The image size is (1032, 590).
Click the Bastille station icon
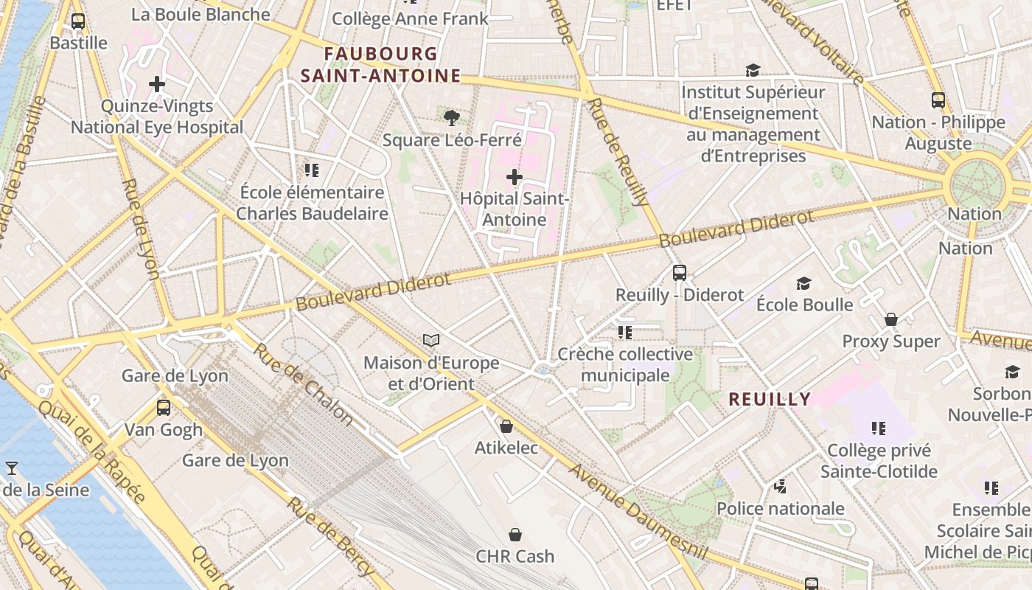tap(78, 21)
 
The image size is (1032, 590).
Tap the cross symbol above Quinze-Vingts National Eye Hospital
tap(156, 84)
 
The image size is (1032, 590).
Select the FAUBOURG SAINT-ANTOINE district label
tap(380, 65)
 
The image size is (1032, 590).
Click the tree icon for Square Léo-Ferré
tap(452, 117)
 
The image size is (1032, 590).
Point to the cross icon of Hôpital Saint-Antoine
tap(515, 177)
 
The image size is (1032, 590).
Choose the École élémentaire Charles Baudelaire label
tap(312, 203)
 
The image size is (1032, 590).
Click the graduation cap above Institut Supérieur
tap(753, 70)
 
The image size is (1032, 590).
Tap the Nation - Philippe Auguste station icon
tap(938, 100)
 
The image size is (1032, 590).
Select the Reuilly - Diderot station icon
tap(680, 272)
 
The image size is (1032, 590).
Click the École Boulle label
tap(805, 305)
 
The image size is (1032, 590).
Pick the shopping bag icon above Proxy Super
tap(891, 319)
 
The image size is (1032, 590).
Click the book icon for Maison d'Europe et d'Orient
tap(431, 340)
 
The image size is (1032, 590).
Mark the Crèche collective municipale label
tap(625, 364)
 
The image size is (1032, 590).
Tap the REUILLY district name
tap(770, 400)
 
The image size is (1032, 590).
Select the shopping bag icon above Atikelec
tap(506, 426)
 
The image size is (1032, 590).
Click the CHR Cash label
tap(515, 556)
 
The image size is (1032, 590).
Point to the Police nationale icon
tap(781, 486)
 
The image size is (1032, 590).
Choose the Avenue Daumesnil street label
tap(638, 513)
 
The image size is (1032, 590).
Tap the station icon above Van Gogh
tap(164, 407)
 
